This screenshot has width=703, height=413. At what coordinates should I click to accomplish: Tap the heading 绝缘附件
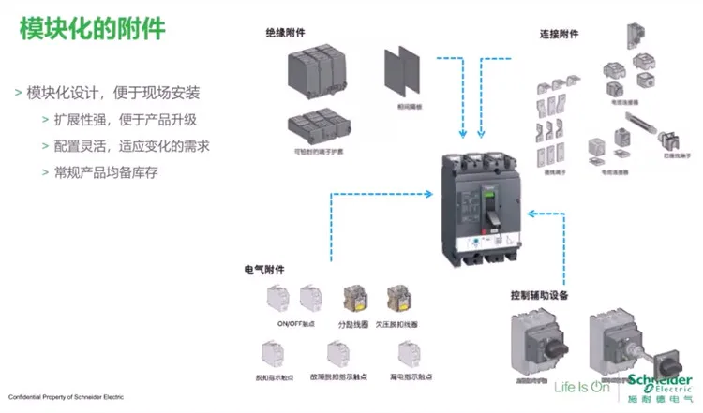(x=286, y=33)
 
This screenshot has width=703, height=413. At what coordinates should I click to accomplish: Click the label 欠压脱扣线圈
(x=403, y=324)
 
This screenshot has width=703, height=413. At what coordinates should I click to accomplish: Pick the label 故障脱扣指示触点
(x=340, y=376)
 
